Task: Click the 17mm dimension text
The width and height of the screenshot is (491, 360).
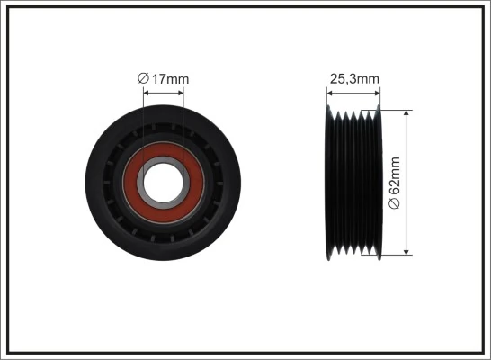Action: (170, 79)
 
